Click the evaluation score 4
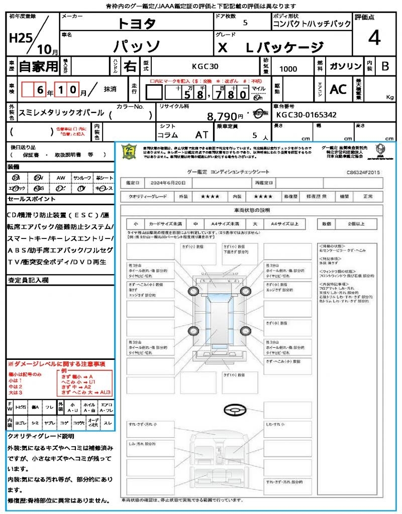click(374, 38)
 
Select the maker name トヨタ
click(137, 24)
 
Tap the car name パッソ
click(136, 47)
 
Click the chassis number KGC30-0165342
click(307, 115)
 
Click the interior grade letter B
click(385, 66)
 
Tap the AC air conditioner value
click(338, 89)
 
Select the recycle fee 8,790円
click(222, 116)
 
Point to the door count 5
click(245, 23)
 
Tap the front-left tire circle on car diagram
click(193, 292)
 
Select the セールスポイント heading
click(26, 199)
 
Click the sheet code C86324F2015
click(363, 172)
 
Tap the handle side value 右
click(130, 66)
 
